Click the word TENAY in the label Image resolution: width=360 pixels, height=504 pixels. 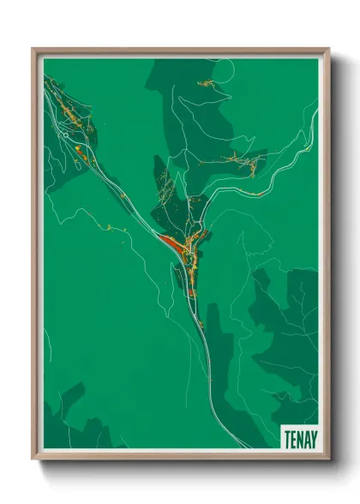coord(299,438)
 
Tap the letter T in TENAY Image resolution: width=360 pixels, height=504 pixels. coord(287,438)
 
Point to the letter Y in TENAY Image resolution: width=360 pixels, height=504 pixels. coord(312,438)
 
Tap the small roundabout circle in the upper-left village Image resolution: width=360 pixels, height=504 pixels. coord(66,135)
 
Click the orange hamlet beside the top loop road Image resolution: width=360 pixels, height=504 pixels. coord(207,83)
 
